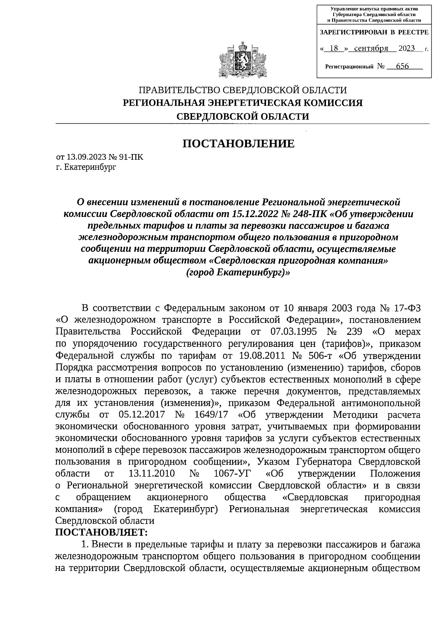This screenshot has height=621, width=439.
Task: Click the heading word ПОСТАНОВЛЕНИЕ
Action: point(239,143)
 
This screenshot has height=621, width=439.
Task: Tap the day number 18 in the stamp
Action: point(333,48)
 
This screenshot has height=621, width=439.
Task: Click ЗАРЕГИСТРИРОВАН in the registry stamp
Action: point(354,32)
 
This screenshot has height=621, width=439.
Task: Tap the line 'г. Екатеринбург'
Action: point(86,167)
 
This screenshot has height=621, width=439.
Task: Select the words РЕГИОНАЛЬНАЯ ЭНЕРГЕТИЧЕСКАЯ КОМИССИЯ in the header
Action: point(243,103)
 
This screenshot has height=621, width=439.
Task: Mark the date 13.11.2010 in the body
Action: point(151,474)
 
